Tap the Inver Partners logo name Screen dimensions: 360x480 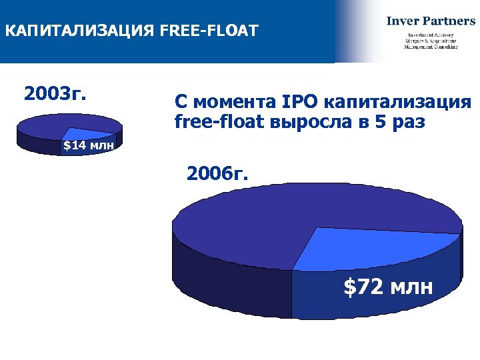pyautogui.click(x=431, y=21)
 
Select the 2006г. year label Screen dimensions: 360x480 pyautogui.click(x=218, y=175)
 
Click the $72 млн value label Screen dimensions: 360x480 pyautogui.click(x=388, y=287)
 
